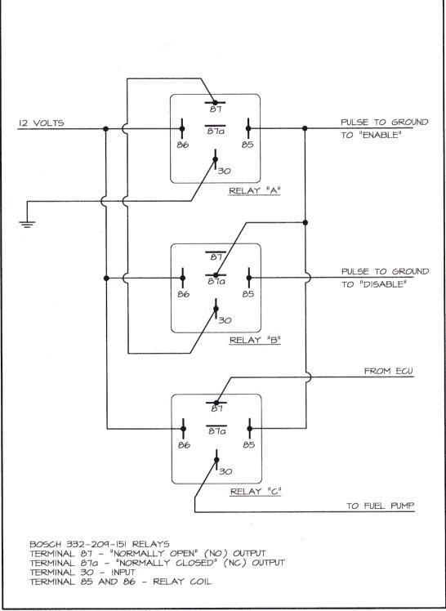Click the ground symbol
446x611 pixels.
(27, 224)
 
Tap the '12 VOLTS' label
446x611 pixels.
(42, 123)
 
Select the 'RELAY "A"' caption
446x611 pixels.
(255, 190)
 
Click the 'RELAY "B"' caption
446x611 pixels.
(255, 340)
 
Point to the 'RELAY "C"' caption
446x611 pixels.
(256, 492)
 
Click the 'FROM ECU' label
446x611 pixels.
(388, 371)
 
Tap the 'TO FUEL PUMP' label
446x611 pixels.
(381, 506)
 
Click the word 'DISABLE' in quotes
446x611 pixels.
(382, 284)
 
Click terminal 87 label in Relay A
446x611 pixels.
(216, 109)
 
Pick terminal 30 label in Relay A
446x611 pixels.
(224, 171)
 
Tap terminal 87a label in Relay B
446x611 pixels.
(216, 281)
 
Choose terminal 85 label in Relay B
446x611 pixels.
(248, 294)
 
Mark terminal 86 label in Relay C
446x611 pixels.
(184, 445)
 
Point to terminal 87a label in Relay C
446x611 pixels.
(217, 431)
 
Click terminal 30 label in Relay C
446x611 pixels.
(225, 471)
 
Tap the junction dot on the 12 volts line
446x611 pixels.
(105, 128)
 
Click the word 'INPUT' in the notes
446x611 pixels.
(123, 573)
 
